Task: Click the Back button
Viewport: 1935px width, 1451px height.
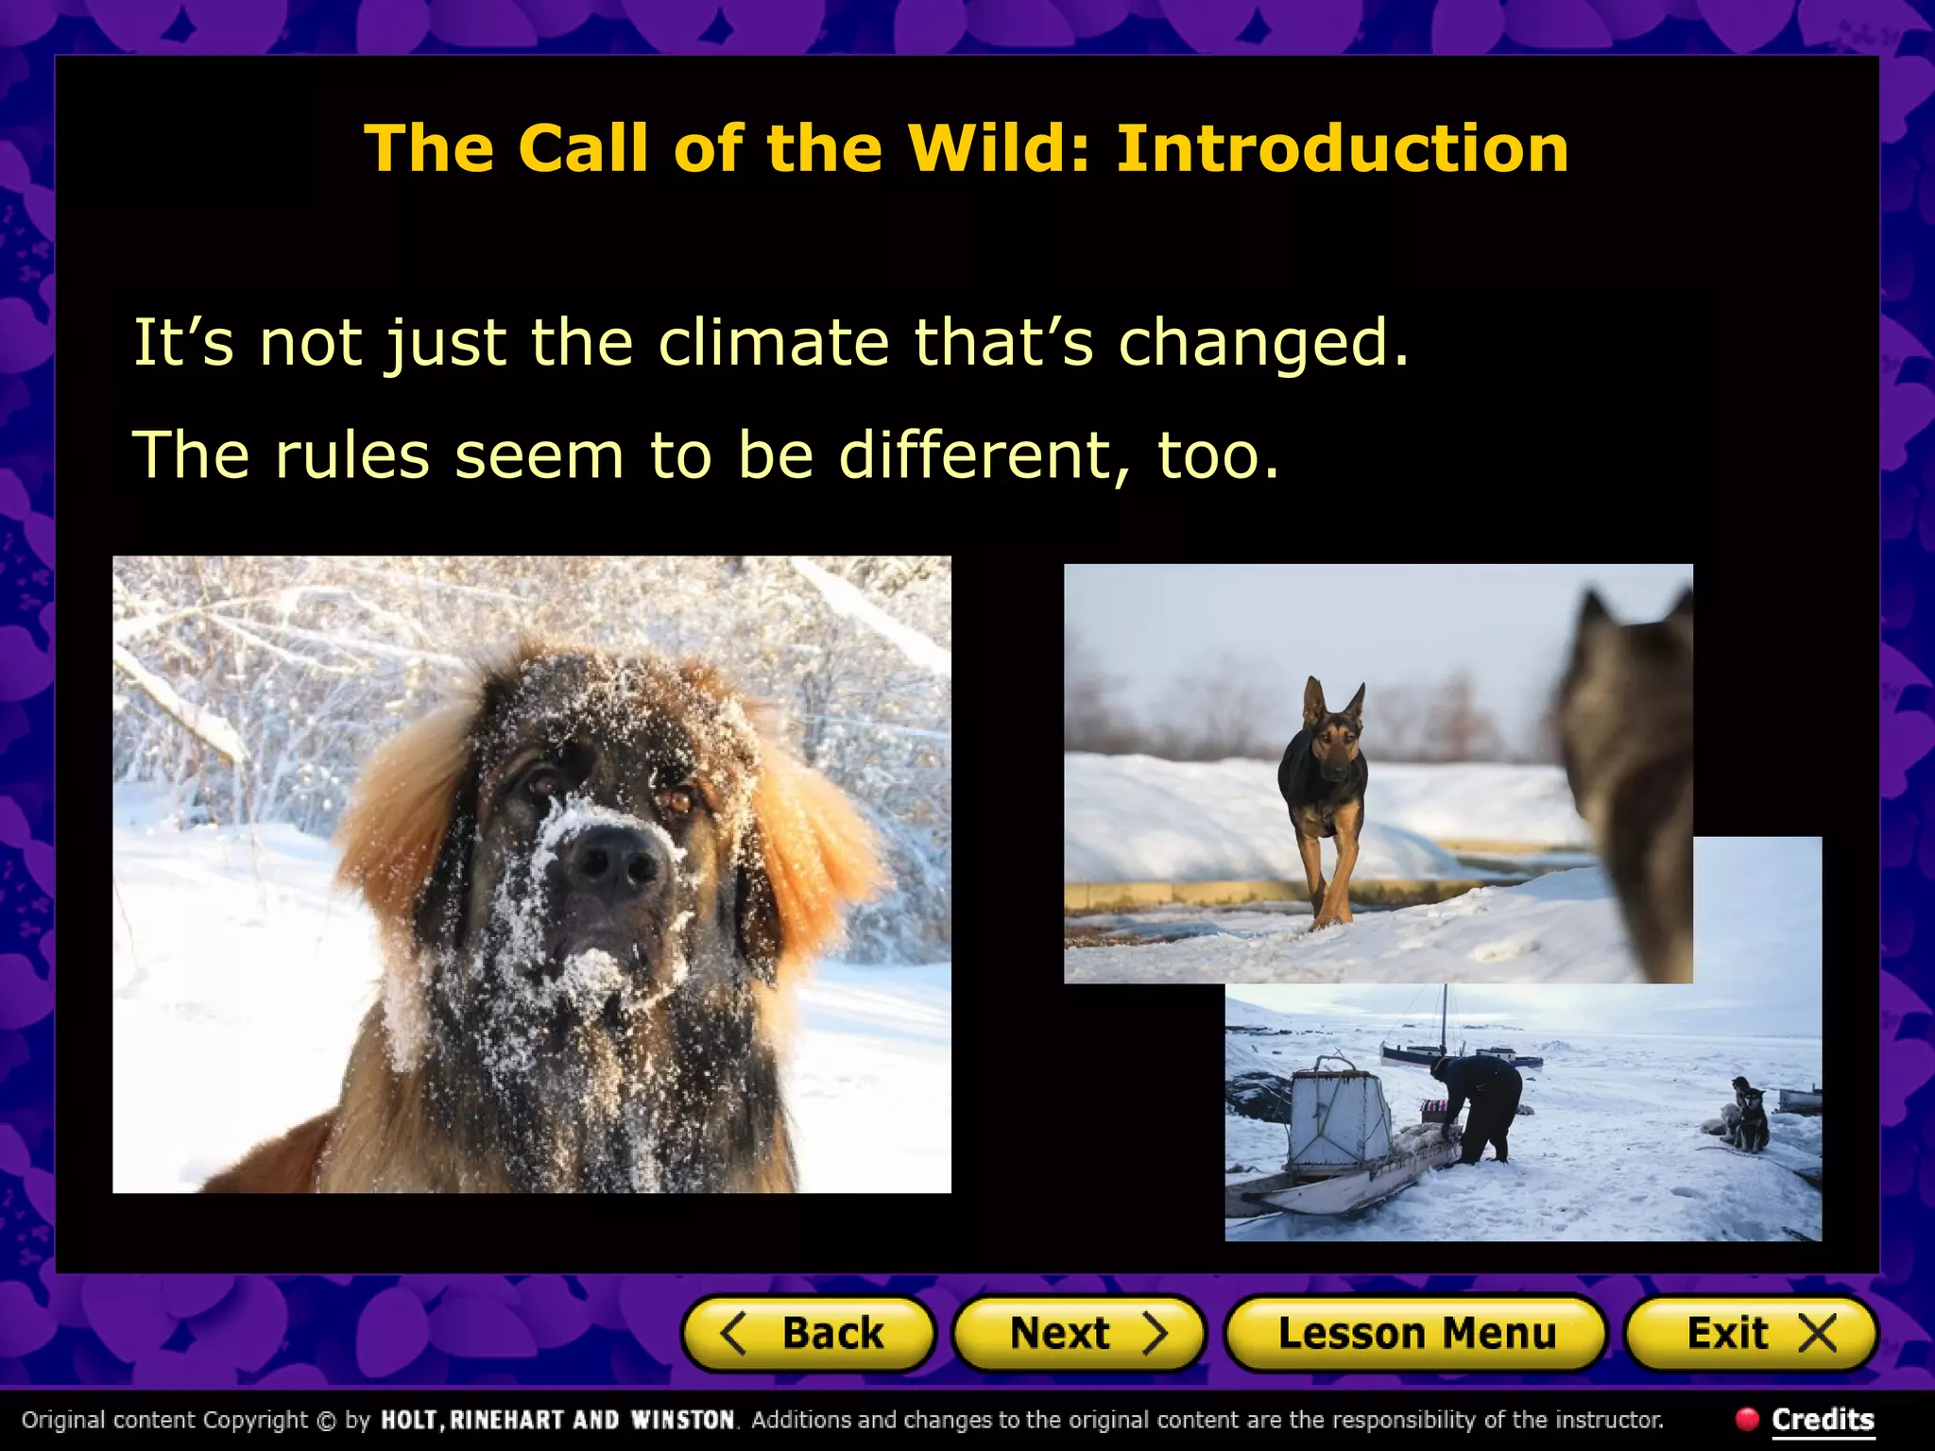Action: pyautogui.click(x=809, y=1333)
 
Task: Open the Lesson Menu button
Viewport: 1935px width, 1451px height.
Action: pyautogui.click(x=1415, y=1333)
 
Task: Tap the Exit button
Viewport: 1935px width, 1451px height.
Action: pyautogui.click(x=1751, y=1333)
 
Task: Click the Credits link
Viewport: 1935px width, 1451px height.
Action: pyautogui.click(x=1823, y=1419)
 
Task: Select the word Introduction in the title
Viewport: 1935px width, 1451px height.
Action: pyautogui.click(x=1342, y=148)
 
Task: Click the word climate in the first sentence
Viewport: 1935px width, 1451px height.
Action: pyautogui.click(x=773, y=342)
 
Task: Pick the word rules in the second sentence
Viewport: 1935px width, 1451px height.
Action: pyautogui.click(x=352, y=455)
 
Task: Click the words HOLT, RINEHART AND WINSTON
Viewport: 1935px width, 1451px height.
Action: pyautogui.click(x=557, y=1420)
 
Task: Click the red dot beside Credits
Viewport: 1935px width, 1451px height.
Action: pyautogui.click(x=1747, y=1418)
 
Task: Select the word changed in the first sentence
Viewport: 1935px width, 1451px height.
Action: pyautogui.click(x=1262, y=342)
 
